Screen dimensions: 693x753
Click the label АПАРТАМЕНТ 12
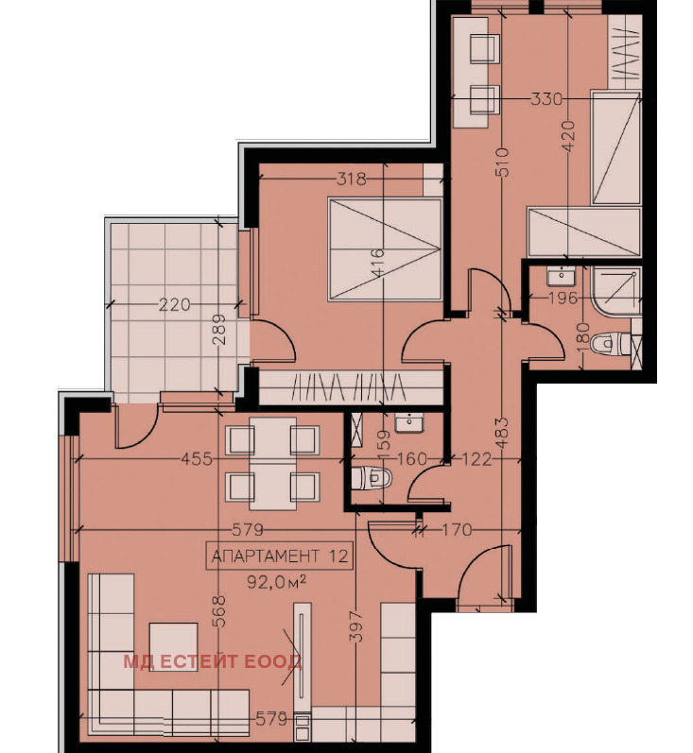[x=280, y=556]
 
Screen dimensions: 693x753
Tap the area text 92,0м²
[x=277, y=582]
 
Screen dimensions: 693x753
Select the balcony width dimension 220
[x=174, y=304]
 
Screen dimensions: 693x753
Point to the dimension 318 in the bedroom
[x=352, y=180]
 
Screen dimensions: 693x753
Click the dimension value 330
[x=546, y=99]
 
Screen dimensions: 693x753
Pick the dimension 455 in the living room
[x=197, y=459]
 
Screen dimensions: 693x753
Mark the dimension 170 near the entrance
[x=456, y=530]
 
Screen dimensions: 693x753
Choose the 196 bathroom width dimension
[x=563, y=299]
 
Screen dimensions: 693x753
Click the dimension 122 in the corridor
[x=476, y=459]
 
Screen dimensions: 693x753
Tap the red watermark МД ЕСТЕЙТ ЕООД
[x=213, y=661]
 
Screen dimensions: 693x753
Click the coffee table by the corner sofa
[x=174, y=647]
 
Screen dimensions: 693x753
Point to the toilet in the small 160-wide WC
[x=371, y=478]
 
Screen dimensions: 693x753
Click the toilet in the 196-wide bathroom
[x=610, y=344]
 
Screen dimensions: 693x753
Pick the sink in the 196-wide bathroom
[x=561, y=277]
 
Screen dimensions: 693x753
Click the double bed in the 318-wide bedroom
[x=385, y=249]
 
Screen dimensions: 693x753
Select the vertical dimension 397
[x=356, y=625]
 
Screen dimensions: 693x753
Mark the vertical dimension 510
[x=502, y=162]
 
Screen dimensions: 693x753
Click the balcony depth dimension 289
[x=218, y=330]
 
